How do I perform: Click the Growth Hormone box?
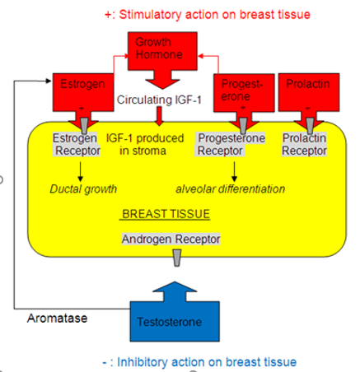[162, 51]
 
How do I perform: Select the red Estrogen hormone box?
[83, 92]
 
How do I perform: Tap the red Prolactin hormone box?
[309, 92]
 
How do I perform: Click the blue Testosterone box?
[175, 321]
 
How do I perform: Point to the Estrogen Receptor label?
[77, 144]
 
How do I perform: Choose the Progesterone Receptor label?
[230, 144]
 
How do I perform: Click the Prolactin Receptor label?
[304, 144]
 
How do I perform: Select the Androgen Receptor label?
[171, 239]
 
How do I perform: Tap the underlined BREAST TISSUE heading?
[166, 214]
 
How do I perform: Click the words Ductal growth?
[83, 189]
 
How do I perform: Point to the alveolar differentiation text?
[230, 189]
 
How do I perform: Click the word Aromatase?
[57, 319]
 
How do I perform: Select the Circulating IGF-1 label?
[159, 100]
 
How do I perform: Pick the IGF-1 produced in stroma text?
[145, 144]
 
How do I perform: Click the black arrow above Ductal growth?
[80, 171]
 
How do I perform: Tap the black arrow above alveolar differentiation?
[234, 171]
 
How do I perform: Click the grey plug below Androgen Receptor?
[177, 258]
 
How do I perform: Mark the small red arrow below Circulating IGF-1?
[159, 116]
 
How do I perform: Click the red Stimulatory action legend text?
[208, 15]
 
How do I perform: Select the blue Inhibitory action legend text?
[199, 362]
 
